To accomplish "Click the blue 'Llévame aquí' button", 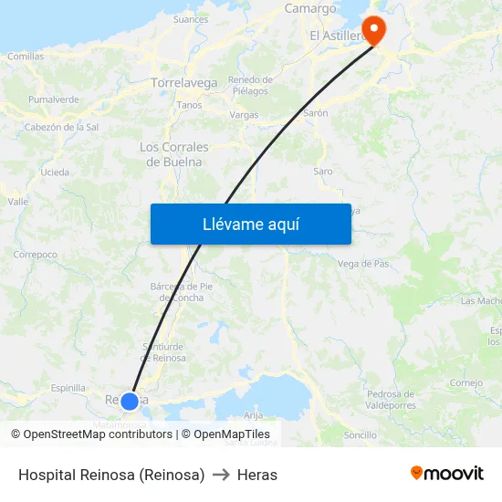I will pyautogui.click(x=250, y=224).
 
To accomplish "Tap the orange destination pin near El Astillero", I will pyautogui.click(x=374, y=29).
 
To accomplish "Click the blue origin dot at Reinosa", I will pyautogui.click(x=130, y=401).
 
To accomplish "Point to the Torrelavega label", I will pyautogui.click(x=184, y=83).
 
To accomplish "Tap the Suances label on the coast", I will pyautogui.click(x=191, y=18).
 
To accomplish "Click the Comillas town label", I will pyautogui.click(x=26, y=57).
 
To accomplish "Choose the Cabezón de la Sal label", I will pyautogui.click(x=62, y=127).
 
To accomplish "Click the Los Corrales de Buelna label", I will pyautogui.click(x=174, y=154).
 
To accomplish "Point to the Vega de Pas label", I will pyautogui.click(x=363, y=264).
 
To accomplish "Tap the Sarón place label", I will pyautogui.click(x=316, y=113).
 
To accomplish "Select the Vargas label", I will pyautogui.click(x=244, y=116).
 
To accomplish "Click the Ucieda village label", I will pyautogui.click(x=55, y=172).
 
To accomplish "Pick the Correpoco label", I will pyautogui.click(x=36, y=255).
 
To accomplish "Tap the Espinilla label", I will pyautogui.click(x=68, y=388).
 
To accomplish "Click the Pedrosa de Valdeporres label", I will pyautogui.click(x=391, y=399).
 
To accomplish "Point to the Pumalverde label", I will pyautogui.click(x=53, y=99).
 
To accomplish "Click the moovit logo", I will pyautogui.click(x=447, y=473).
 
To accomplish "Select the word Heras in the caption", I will pyautogui.click(x=257, y=475).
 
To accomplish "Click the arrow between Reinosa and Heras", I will pyautogui.click(x=221, y=475).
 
